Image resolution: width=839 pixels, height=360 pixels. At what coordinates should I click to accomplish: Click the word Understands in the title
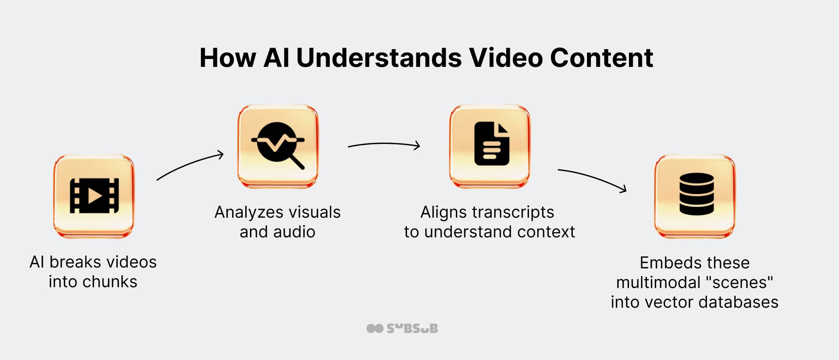[x=379, y=58]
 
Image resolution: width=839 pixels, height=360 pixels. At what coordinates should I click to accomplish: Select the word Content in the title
[x=601, y=58]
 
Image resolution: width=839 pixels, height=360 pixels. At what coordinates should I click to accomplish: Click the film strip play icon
[x=94, y=196]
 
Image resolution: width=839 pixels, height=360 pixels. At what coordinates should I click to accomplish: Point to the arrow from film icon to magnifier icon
[x=190, y=166]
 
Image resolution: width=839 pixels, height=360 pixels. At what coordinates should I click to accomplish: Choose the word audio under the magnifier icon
[x=294, y=232]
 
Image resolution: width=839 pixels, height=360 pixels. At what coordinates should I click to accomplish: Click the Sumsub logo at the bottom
[x=402, y=329]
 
